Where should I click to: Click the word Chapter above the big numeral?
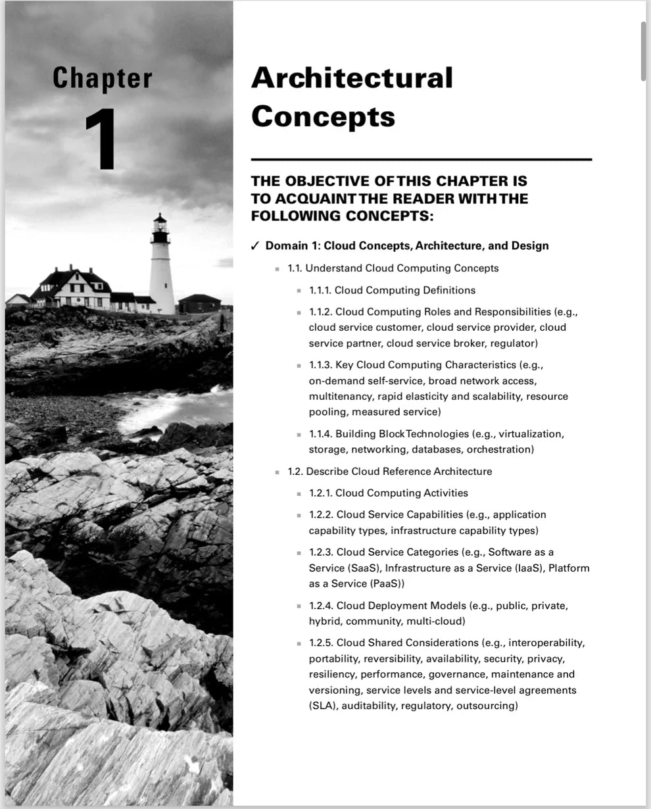coord(102,78)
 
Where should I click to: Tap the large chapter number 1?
coord(102,139)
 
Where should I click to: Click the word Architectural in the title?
coord(352,78)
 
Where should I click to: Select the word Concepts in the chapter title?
coord(323,116)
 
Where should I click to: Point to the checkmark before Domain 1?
coord(255,246)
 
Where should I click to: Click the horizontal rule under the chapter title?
coord(421,159)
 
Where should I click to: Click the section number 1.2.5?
coord(321,643)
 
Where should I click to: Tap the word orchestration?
coord(500,450)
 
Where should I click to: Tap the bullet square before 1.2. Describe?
coord(277,472)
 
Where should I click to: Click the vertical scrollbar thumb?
coord(642,51)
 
